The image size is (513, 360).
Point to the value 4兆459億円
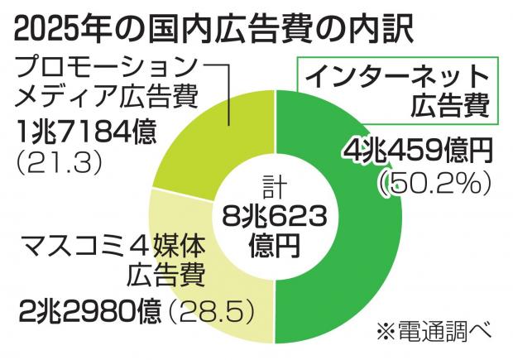pos(418,151)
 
